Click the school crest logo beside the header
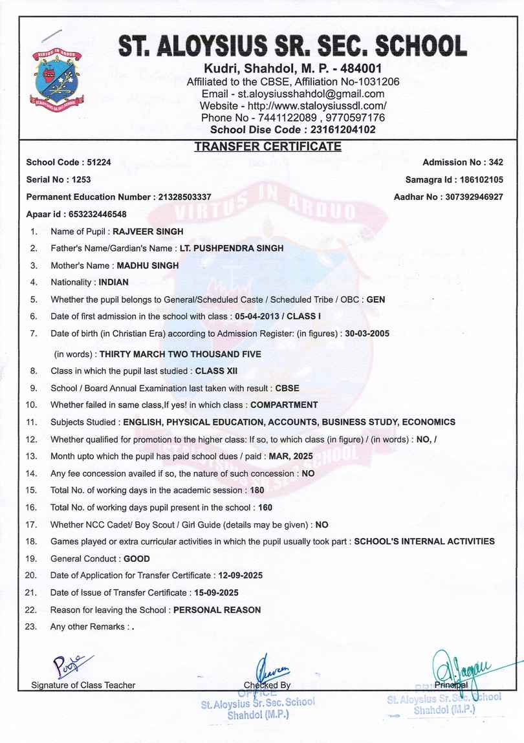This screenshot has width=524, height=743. [58, 76]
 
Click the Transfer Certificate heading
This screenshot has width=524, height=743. [268, 147]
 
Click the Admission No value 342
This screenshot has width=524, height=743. [496, 162]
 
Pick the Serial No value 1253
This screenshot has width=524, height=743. [82, 179]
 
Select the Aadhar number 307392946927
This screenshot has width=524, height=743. [473, 197]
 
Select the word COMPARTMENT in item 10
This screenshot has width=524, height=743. [284, 405]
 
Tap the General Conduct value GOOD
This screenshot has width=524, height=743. [136, 559]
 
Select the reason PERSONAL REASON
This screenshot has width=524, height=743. [217, 610]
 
